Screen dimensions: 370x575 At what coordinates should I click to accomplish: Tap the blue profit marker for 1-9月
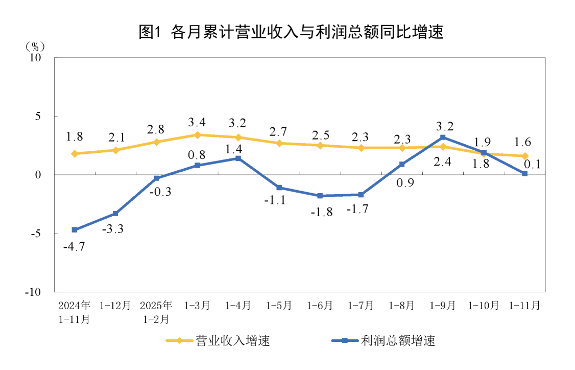coord(443,137)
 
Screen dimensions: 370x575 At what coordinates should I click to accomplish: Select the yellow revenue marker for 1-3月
coord(197,135)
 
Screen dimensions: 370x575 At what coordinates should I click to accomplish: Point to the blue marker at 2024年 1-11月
coord(75,229)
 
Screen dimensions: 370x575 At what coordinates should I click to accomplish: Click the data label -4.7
coord(74,247)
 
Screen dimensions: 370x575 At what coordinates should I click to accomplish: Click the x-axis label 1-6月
coord(320,306)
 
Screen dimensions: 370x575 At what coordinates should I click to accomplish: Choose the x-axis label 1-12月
coord(115,306)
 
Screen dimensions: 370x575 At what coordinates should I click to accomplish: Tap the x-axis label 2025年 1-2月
coord(156,312)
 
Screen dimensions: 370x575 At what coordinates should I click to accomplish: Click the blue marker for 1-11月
coord(524,174)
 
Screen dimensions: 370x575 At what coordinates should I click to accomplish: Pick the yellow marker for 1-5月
coord(279,143)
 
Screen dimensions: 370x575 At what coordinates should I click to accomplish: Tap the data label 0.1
coord(532,165)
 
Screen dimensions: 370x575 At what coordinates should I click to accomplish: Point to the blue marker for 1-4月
coord(238,158)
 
